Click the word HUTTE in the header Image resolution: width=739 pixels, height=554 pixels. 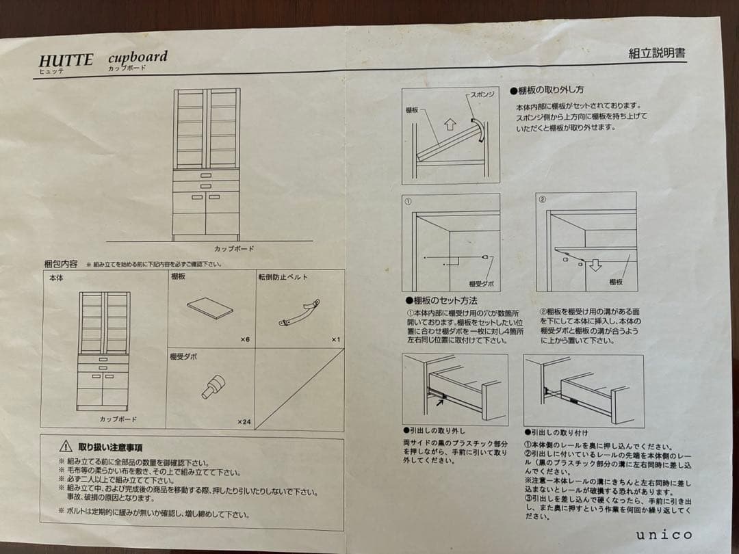(x=66, y=60)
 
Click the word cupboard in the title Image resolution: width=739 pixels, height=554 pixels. (x=137, y=56)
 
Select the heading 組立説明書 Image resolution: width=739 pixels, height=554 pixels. (x=656, y=53)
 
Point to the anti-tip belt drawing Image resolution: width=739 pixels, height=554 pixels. (x=299, y=313)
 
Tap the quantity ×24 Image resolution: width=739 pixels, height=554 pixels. (x=244, y=422)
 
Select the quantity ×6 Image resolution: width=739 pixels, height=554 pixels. (x=245, y=339)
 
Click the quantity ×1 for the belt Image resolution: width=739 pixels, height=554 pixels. (x=335, y=339)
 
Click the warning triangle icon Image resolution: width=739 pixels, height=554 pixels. (x=65, y=447)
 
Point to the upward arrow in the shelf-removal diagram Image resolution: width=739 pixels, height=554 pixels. (x=449, y=124)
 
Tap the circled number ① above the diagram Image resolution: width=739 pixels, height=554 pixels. (x=408, y=202)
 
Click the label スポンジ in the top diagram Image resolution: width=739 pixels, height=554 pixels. (x=482, y=94)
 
